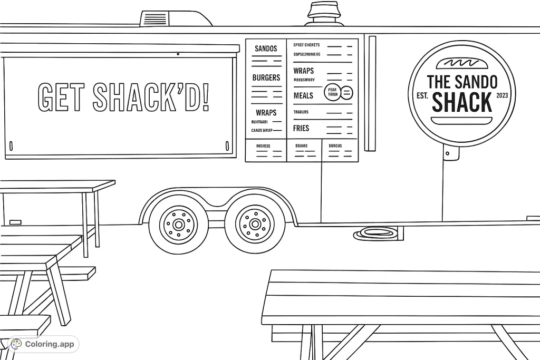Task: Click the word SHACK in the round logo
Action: (x=461, y=102)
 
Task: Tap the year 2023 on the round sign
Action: (x=503, y=95)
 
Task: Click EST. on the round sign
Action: (x=422, y=96)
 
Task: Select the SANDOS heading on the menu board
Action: (x=266, y=49)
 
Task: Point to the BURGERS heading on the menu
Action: (x=266, y=77)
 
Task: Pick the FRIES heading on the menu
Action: (x=301, y=128)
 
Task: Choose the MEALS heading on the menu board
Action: (x=303, y=95)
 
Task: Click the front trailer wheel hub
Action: (x=178, y=225)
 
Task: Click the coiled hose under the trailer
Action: (x=378, y=233)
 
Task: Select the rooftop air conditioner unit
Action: (x=175, y=18)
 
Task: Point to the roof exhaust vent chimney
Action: (x=325, y=14)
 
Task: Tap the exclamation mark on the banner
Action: (x=206, y=97)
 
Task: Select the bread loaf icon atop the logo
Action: (x=461, y=63)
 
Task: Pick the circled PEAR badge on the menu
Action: (x=332, y=92)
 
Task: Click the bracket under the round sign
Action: (x=451, y=153)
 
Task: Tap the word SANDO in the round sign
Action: (x=478, y=82)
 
